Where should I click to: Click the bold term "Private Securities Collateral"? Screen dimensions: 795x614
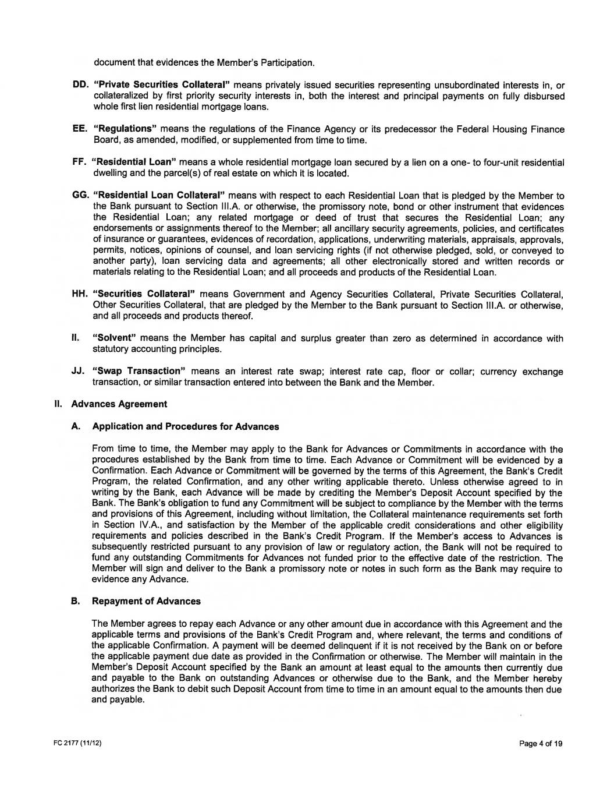pos(161,85)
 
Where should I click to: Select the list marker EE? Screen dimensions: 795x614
pos(79,129)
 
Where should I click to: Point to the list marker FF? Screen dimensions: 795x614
pos(79,162)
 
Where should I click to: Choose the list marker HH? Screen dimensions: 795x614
pos(80,295)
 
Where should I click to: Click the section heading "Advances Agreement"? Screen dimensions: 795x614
pos(119,404)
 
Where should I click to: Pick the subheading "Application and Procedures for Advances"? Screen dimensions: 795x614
pos(185,427)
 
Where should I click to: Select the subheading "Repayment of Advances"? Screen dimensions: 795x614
pos(146,602)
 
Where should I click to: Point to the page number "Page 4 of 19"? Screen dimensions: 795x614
pos(541,744)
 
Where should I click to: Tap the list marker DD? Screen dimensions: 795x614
pos(80,85)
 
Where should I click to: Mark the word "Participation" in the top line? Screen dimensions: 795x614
pos(286,63)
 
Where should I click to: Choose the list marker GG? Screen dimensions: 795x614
pos(80,196)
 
